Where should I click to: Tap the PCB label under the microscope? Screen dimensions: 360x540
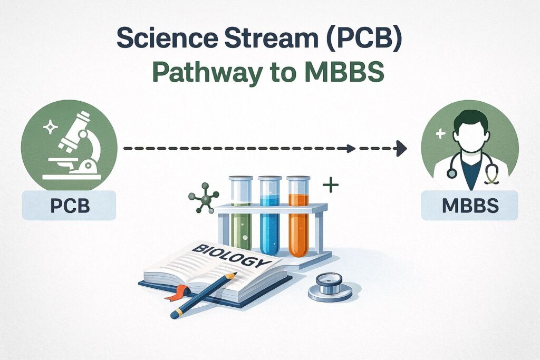tap(69, 205)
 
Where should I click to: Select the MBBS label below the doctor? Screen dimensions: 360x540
tap(469, 205)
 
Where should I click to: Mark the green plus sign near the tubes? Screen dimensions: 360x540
tap(330, 185)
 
